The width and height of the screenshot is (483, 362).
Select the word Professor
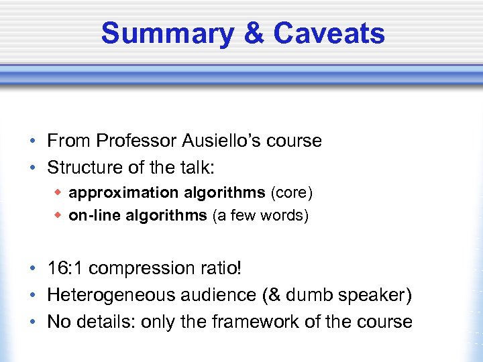click(136, 141)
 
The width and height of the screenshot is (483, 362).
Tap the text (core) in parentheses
click(291, 193)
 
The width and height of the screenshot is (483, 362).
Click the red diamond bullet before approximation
click(58, 193)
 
